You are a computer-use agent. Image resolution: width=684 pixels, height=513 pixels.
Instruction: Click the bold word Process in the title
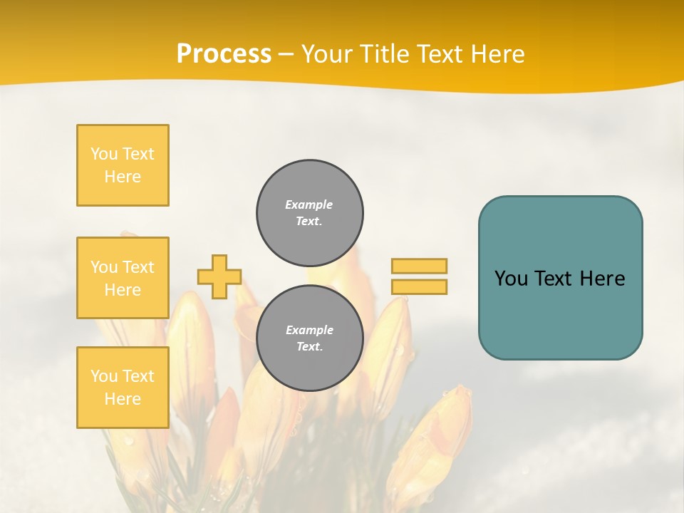pyautogui.click(x=224, y=54)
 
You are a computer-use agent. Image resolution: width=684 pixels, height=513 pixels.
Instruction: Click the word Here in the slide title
pyautogui.click(x=497, y=54)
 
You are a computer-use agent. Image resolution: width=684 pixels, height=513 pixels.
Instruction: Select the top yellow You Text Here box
pyautogui.click(x=123, y=165)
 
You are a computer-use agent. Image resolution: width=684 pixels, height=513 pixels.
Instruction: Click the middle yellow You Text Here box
pyautogui.click(x=123, y=278)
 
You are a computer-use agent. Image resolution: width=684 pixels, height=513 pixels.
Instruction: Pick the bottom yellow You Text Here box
pyautogui.click(x=123, y=387)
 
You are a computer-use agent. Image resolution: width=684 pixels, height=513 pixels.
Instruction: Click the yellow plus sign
pyautogui.click(x=219, y=276)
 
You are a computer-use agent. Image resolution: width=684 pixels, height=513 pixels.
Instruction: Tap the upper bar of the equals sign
pyautogui.click(x=419, y=266)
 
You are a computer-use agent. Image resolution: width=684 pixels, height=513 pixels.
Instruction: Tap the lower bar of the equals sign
pyautogui.click(x=419, y=286)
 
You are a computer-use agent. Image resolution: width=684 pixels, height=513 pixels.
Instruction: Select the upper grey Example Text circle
pyautogui.click(x=310, y=212)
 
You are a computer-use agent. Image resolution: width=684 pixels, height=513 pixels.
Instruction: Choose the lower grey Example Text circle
pyautogui.click(x=310, y=338)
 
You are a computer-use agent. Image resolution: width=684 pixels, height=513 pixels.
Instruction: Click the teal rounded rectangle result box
pyautogui.click(x=560, y=313)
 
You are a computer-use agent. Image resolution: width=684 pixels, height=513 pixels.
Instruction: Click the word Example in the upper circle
pyautogui.click(x=309, y=204)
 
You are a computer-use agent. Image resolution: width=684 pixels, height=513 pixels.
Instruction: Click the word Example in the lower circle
pyautogui.click(x=309, y=330)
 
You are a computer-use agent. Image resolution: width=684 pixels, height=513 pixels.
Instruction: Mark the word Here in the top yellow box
pyautogui.click(x=123, y=177)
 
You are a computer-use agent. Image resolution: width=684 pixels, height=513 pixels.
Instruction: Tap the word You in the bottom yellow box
pyautogui.click(x=104, y=376)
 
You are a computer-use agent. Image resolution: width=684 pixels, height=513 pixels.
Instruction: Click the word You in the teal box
pyautogui.click(x=511, y=279)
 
